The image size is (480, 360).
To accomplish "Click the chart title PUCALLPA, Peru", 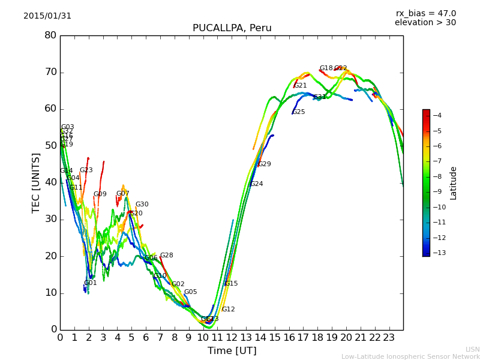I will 232,28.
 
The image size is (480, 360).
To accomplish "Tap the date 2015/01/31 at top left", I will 47,16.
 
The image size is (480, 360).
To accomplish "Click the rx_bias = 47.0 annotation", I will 425,14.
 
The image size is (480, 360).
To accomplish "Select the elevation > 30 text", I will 425,23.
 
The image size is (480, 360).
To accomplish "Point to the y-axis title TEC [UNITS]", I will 36,182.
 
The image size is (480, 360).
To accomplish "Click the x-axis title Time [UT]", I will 232,351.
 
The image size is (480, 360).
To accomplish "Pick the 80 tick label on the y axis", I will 50,35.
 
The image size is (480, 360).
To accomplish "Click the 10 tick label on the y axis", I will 50,293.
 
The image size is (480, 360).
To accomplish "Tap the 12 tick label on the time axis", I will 232,338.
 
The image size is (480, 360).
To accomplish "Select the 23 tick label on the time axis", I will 389,338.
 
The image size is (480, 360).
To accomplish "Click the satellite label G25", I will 299,112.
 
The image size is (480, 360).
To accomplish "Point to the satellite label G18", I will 326,68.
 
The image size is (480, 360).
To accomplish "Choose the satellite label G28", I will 166,256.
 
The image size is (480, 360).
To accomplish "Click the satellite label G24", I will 257,184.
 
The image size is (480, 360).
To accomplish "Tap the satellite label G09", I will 100,194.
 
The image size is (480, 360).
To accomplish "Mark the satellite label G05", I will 190,292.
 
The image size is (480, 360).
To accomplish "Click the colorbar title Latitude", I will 454,183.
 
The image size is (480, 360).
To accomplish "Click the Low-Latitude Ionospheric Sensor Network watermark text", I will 410,357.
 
